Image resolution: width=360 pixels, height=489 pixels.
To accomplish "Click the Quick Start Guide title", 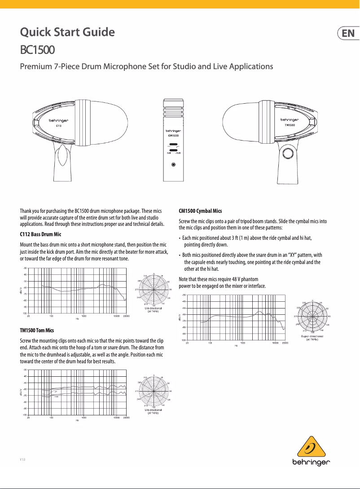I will point(67,32).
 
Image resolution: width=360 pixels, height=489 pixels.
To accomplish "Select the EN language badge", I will point(348,34).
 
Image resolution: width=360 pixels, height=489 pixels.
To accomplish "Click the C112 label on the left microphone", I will point(58,126).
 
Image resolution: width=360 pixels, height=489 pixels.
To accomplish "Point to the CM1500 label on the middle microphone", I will point(173,135).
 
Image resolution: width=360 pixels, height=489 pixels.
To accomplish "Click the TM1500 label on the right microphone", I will point(290,126).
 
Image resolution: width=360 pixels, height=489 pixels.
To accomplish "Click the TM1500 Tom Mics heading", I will point(37,330).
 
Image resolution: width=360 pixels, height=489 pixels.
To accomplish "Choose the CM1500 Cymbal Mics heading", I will point(200,211).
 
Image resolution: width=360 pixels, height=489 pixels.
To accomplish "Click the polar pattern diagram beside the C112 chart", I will point(154,290).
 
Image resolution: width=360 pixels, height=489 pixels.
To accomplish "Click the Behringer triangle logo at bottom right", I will point(312,447).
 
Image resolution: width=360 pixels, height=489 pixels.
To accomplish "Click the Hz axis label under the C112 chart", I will point(77,319).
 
